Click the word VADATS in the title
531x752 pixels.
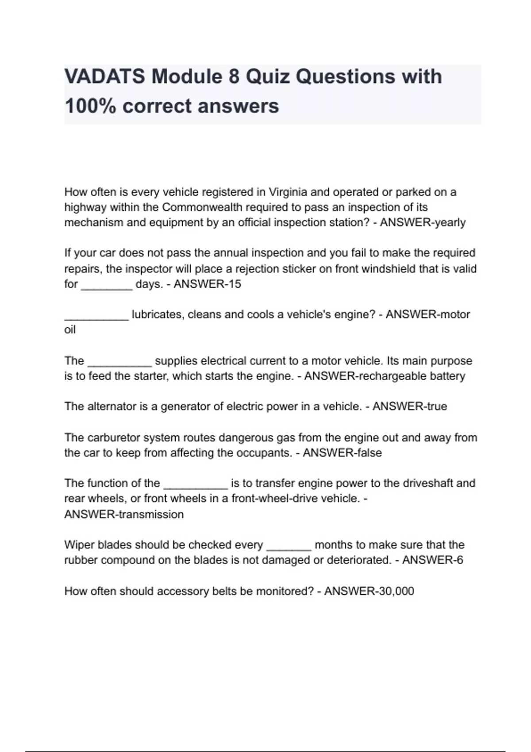tap(105, 77)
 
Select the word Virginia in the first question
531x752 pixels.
tap(288, 192)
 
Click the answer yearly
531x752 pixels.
tap(450, 222)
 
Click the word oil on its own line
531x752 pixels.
tap(70, 330)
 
